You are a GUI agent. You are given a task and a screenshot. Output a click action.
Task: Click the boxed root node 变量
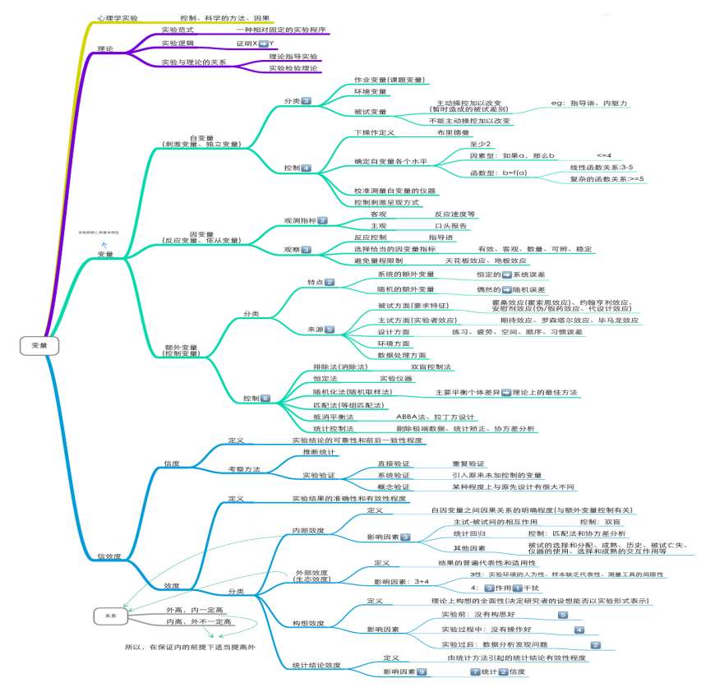[x=39, y=346]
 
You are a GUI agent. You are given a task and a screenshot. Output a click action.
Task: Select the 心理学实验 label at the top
[x=118, y=17]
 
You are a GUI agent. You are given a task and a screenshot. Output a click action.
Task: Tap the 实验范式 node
[x=177, y=30]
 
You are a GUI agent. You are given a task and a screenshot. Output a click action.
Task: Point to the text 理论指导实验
[x=293, y=56]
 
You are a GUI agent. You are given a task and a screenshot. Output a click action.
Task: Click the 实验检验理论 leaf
[x=293, y=68]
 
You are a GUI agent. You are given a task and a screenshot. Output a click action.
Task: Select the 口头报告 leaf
[x=450, y=225]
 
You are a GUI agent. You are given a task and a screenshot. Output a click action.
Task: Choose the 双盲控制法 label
[x=431, y=367]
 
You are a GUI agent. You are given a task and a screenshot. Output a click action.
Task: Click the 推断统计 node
[x=319, y=452]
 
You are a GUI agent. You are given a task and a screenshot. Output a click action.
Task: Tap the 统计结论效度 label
[x=316, y=665]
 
